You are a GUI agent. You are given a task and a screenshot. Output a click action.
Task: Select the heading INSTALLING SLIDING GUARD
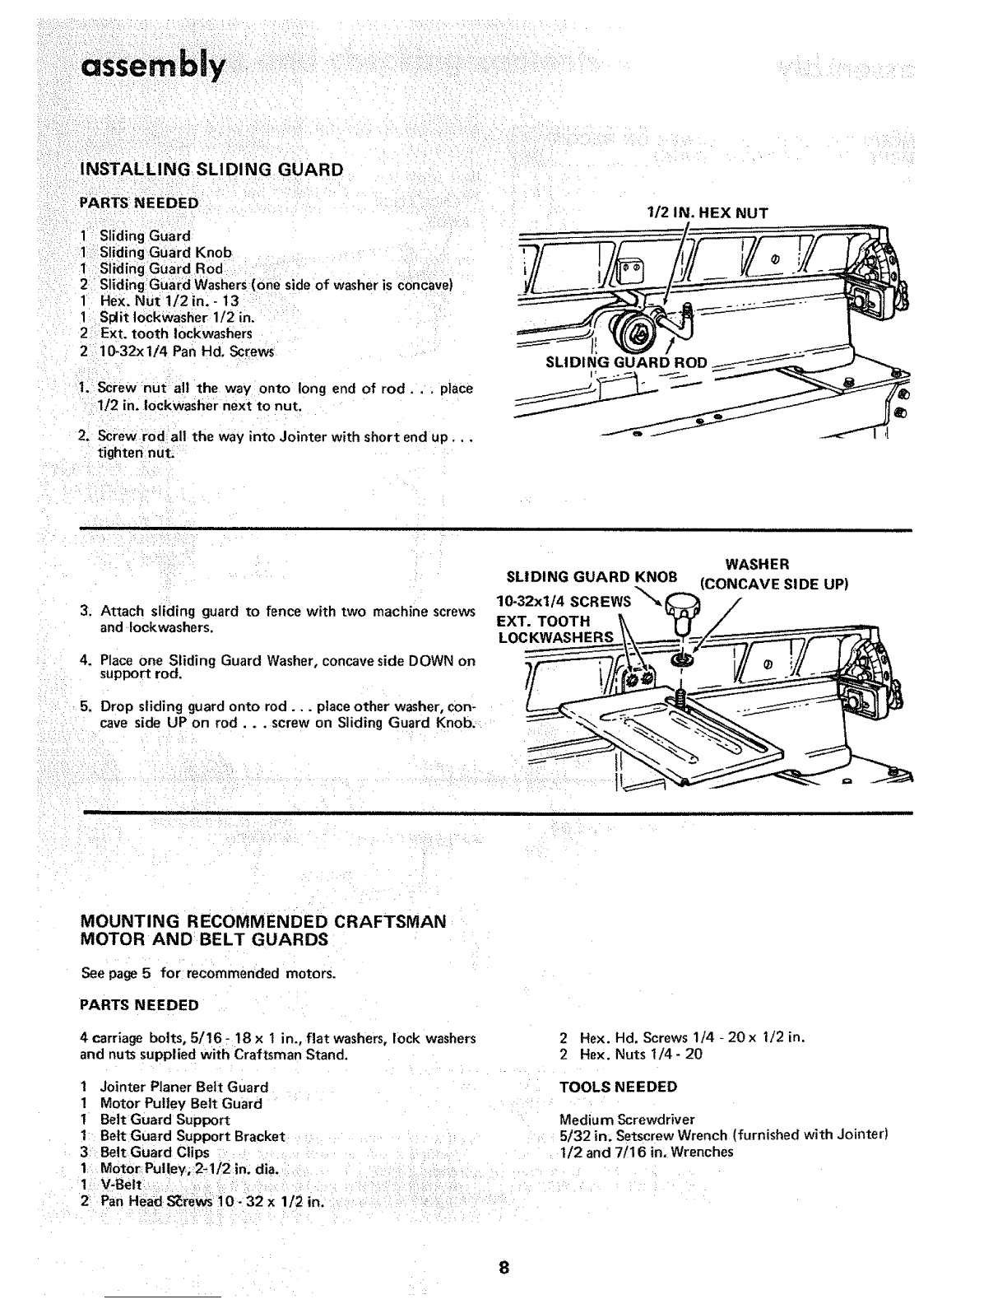(x=211, y=170)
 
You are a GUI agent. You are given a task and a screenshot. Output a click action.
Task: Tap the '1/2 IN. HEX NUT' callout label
(x=707, y=213)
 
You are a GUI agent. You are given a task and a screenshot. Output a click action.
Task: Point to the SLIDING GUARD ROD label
(x=626, y=362)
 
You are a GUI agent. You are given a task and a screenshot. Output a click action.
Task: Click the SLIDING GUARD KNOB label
(x=592, y=577)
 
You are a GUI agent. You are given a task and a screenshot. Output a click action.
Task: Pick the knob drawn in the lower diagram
(x=681, y=612)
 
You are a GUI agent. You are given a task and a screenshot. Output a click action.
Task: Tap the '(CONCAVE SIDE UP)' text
(x=773, y=584)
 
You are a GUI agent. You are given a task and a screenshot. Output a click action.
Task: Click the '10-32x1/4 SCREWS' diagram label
(x=564, y=601)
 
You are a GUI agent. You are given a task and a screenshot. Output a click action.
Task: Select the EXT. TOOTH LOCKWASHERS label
(x=555, y=629)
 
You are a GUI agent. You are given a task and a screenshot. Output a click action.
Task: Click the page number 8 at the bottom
(x=503, y=1268)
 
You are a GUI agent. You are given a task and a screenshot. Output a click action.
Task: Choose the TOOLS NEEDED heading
(x=619, y=1087)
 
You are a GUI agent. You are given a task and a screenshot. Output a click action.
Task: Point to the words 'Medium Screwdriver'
(x=627, y=1119)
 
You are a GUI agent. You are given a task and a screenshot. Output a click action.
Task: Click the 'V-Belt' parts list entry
(x=121, y=1185)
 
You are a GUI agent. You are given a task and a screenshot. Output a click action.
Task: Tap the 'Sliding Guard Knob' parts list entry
(x=165, y=253)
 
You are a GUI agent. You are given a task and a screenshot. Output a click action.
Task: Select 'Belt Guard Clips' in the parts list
(x=155, y=1153)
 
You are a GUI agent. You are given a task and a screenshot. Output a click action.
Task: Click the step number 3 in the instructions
(x=86, y=612)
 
